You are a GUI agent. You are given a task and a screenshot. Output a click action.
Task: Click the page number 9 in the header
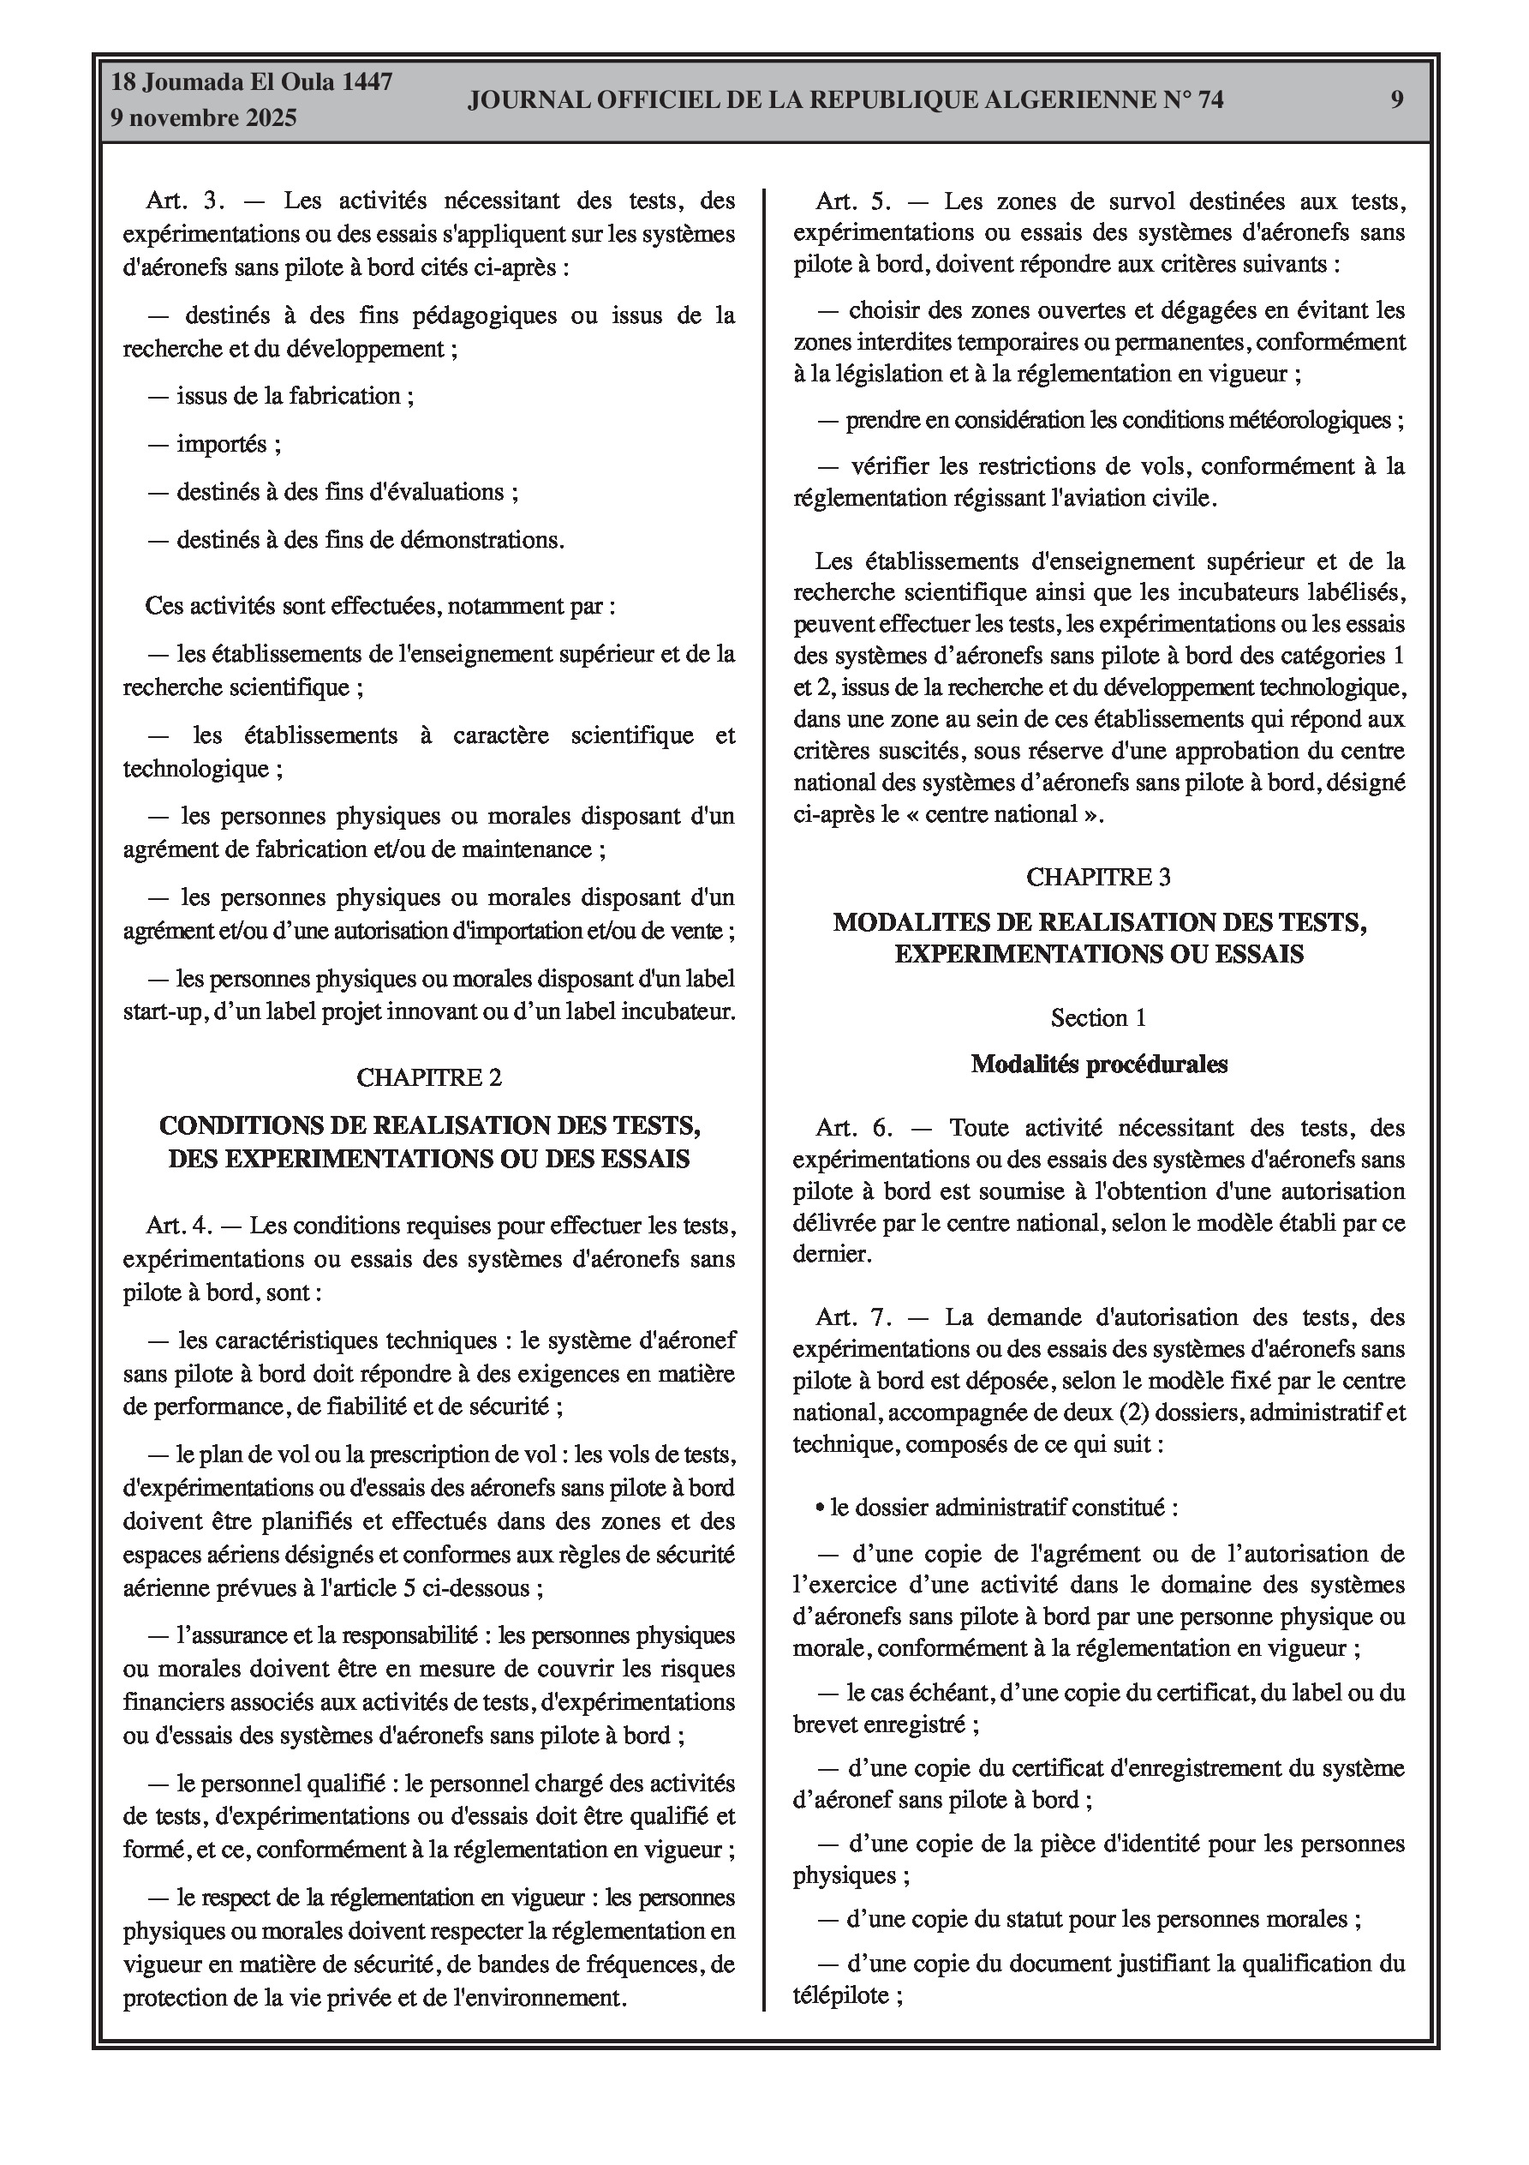coord(1396,100)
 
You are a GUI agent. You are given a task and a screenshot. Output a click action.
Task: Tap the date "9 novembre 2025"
coord(204,118)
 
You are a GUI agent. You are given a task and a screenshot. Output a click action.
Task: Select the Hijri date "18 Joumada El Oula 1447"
coord(252,82)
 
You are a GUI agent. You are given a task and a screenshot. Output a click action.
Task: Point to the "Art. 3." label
coord(185,201)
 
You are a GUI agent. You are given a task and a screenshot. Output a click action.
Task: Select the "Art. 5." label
coord(853,201)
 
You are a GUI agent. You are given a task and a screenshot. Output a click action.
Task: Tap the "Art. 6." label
coord(854,1128)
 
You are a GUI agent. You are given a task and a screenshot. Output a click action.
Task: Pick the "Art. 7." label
coord(854,1317)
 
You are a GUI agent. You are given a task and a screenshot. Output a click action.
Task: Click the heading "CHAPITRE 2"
coord(429,1077)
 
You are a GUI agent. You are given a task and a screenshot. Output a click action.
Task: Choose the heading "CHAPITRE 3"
coord(1098,877)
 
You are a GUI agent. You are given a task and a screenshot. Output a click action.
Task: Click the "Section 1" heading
coord(1098,1018)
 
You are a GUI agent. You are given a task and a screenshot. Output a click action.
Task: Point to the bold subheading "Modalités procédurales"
coord(1098,1065)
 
